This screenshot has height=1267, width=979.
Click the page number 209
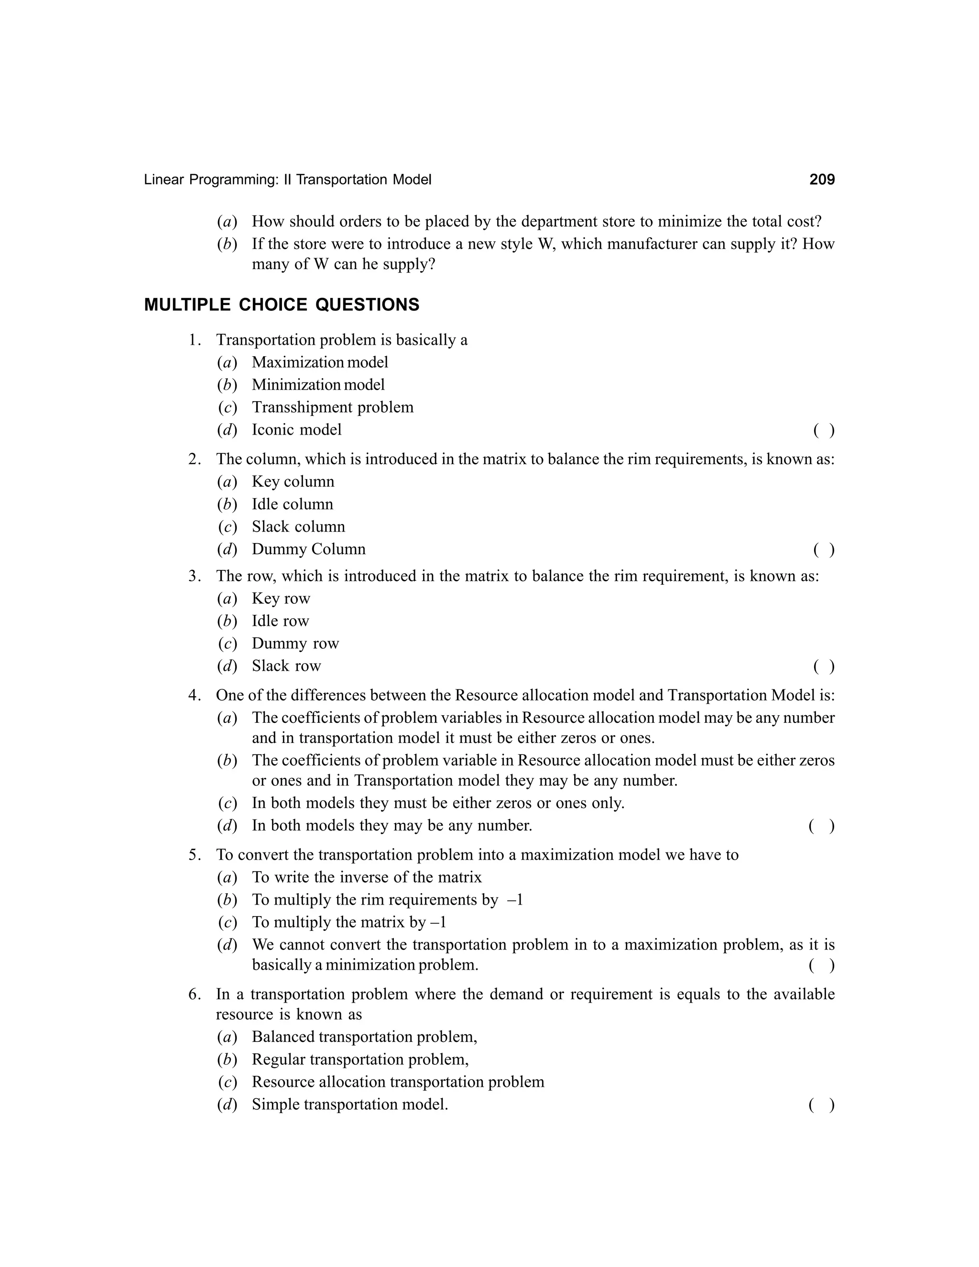tap(822, 180)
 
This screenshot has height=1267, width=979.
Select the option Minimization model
tap(318, 384)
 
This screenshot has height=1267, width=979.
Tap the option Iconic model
tap(296, 430)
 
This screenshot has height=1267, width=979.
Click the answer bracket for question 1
tap(824, 430)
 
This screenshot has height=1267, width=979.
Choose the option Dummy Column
tap(308, 549)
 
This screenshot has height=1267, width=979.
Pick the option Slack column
tap(298, 527)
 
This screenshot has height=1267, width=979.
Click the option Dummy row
tap(295, 644)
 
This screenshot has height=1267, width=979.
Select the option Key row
tap(281, 599)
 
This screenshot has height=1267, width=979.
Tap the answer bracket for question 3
tap(824, 666)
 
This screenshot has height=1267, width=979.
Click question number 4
tap(194, 695)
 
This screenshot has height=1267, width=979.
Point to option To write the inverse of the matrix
tap(367, 877)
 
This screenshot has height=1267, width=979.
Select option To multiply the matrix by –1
tap(348, 922)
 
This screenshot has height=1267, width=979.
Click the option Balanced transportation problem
tap(364, 1037)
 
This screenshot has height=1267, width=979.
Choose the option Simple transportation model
tap(350, 1104)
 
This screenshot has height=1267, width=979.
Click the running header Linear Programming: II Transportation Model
tap(288, 180)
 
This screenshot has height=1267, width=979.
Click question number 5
tap(194, 855)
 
